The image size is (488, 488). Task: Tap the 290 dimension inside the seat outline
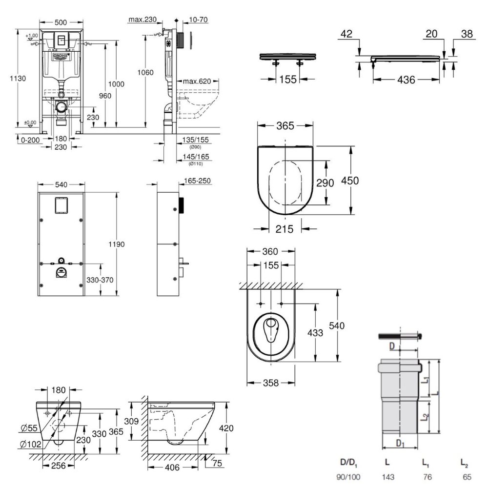[x=325, y=183]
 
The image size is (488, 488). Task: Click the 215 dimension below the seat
[x=284, y=229]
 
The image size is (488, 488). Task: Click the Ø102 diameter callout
[x=29, y=444]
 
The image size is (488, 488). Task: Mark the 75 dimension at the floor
[x=217, y=463]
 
